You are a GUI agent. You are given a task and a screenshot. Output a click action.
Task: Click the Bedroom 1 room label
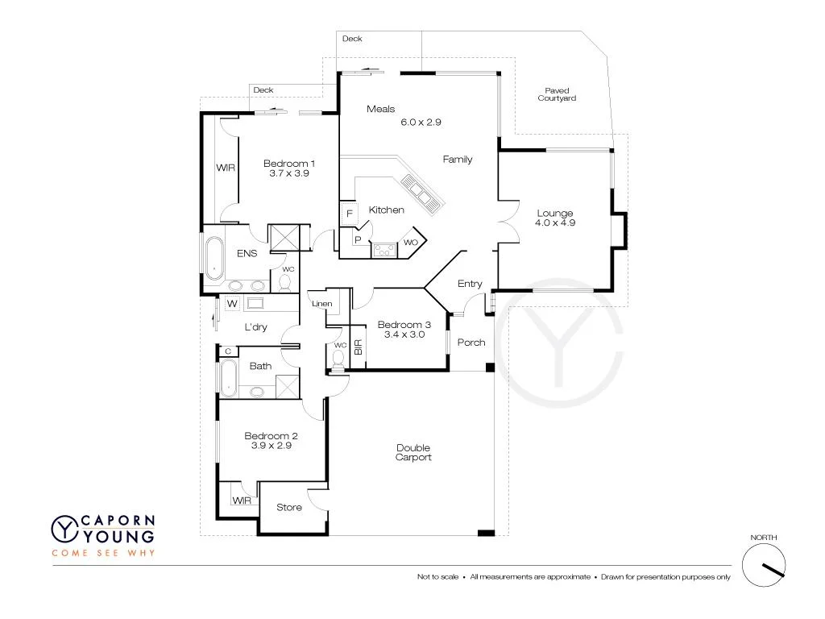288,164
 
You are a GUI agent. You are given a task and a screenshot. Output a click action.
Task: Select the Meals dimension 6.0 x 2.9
421,123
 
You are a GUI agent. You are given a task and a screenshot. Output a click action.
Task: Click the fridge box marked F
349,214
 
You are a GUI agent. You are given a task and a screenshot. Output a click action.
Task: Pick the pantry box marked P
357,240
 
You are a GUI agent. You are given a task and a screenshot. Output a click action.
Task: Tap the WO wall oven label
411,242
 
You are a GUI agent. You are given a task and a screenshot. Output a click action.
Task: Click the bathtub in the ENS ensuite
214,257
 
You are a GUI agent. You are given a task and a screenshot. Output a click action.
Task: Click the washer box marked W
231,304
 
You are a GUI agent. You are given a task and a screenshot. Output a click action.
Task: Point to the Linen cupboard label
322,304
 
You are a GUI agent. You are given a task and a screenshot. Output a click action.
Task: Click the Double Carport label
413,453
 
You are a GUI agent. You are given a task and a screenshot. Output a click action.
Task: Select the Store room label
288,507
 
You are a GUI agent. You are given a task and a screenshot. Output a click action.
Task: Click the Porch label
471,343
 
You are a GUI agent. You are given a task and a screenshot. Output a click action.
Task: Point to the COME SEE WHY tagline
103,553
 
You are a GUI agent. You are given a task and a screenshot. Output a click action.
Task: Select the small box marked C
228,351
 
